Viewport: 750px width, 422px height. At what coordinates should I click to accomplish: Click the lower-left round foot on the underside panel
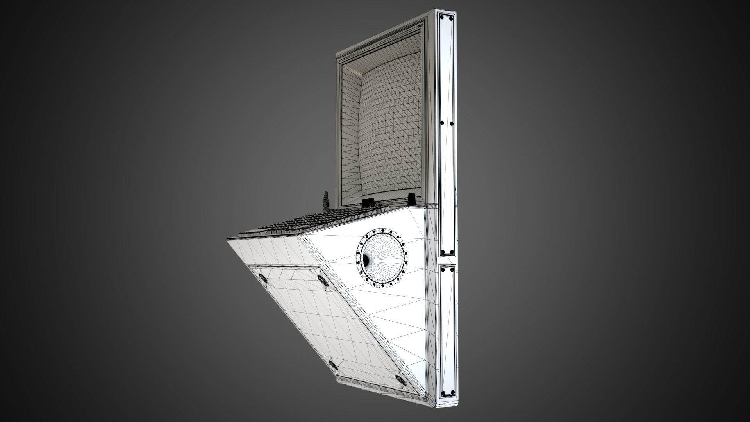point(333,365)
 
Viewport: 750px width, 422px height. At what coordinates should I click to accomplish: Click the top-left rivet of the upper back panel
point(443,18)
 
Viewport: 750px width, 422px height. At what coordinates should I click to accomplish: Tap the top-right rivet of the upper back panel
point(451,18)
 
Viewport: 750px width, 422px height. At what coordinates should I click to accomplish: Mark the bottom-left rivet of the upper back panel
point(443,252)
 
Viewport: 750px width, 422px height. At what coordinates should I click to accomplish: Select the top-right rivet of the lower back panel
point(452,269)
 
